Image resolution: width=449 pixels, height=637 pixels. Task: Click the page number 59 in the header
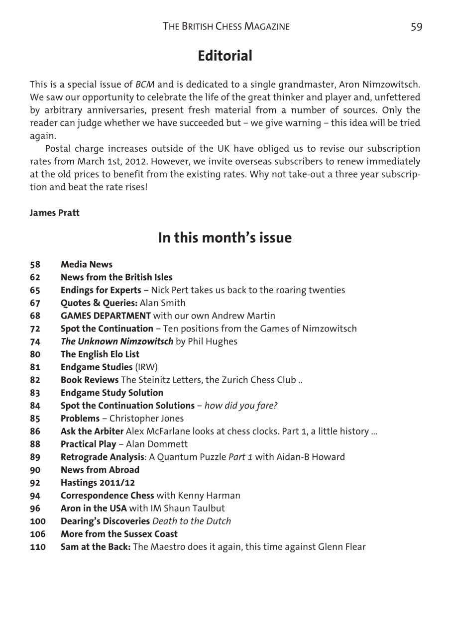pos(416,26)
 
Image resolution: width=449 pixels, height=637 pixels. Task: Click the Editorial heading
pos(224,56)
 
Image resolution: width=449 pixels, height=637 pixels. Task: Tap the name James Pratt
pos(54,213)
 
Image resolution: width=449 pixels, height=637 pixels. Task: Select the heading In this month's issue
pos(224,238)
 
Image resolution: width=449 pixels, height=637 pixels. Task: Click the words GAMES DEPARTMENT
pos(106,316)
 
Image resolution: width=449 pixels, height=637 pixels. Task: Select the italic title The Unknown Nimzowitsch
pos(117,341)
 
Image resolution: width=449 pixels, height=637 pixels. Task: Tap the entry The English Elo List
pos(100,354)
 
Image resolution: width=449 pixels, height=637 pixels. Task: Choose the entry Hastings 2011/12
pos(98,483)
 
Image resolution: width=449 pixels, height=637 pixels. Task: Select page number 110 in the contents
pos(37,547)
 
